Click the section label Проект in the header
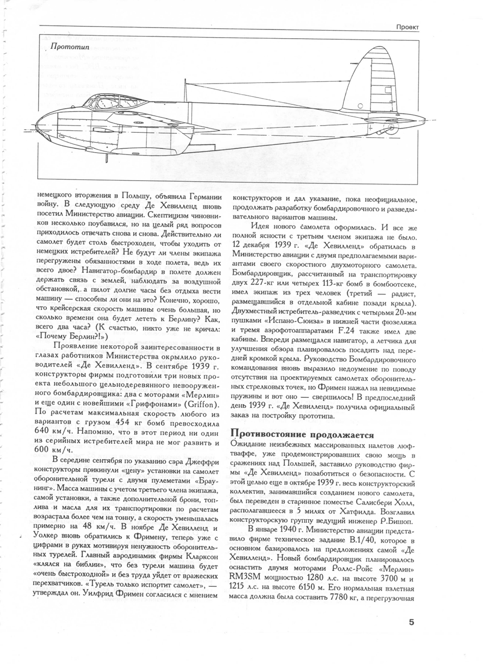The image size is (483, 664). (x=407, y=28)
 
